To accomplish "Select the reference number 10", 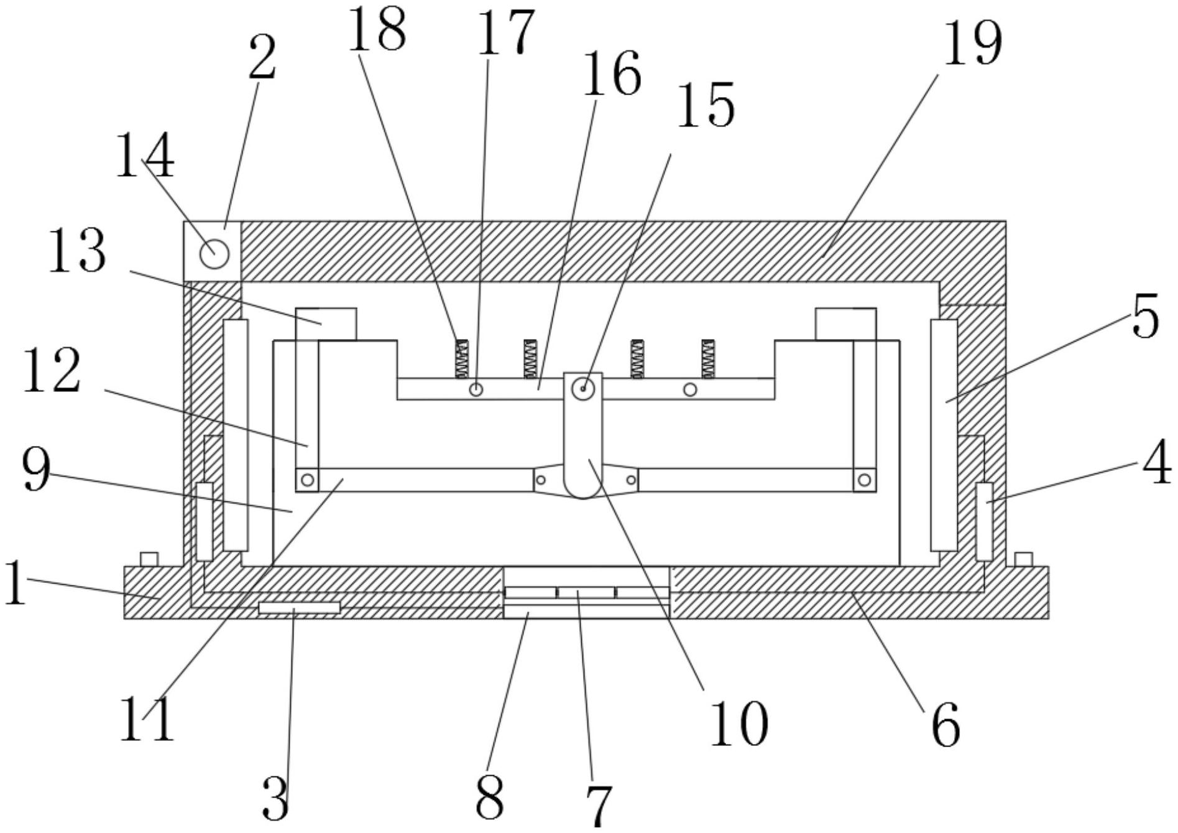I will [x=739, y=724].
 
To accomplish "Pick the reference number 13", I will [x=78, y=251].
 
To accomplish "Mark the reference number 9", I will [x=36, y=470].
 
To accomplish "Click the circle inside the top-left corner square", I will [x=214, y=254].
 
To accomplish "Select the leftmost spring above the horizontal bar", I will [x=461, y=359].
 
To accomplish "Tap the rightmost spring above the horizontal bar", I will [x=707, y=359].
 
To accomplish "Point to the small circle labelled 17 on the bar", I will [x=476, y=389].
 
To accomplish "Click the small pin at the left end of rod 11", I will [x=307, y=480].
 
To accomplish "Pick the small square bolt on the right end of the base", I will [x=1023, y=559].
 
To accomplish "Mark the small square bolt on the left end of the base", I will [x=149, y=559].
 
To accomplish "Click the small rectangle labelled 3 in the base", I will [x=299, y=607].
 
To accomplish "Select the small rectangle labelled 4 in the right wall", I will [x=984, y=521].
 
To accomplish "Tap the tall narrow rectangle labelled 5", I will [x=944, y=435].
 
